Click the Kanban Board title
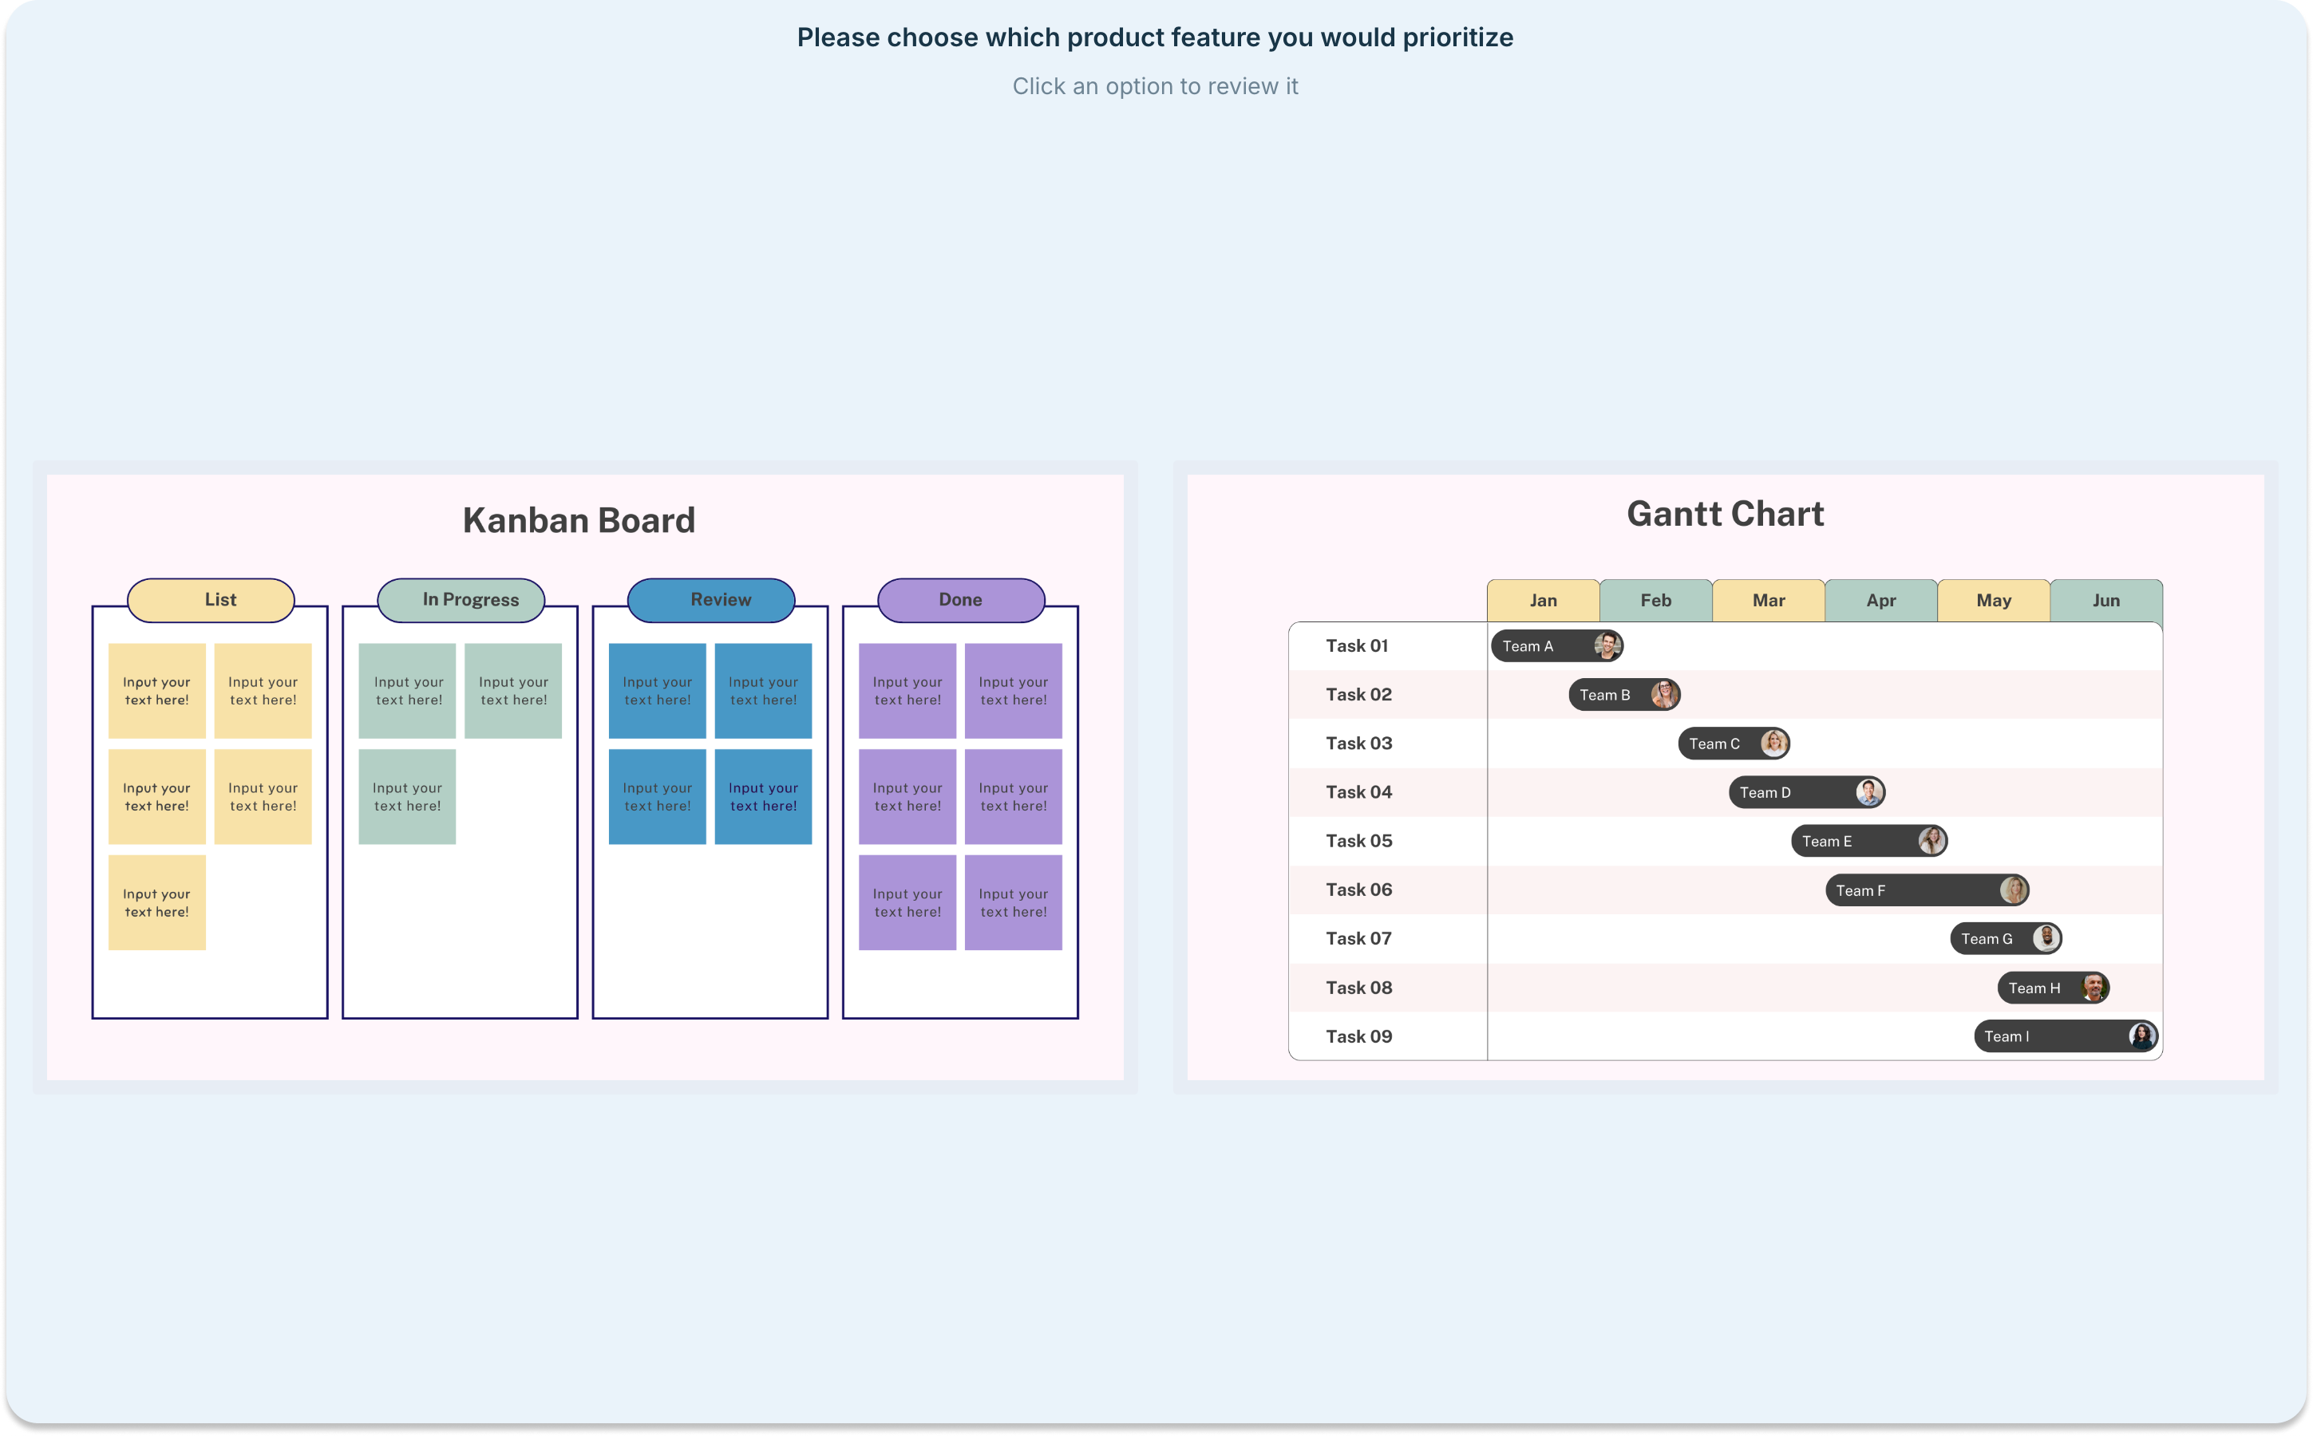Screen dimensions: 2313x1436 click(579, 520)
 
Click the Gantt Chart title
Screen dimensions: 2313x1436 click(1725, 514)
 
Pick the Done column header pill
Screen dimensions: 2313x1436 click(961, 600)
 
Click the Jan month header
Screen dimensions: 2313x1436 click(1544, 600)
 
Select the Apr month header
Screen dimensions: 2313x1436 click(1880, 600)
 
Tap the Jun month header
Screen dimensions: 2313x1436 click(2106, 600)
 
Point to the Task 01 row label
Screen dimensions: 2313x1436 click(1357, 646)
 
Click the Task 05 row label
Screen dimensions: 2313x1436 click(1358, 841)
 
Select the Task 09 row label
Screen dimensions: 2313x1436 click(1358, 1036)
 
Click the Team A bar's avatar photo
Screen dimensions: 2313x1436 click(1607, 646)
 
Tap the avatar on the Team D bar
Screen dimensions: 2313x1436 click(1868, 792)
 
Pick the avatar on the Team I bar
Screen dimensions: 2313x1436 click(2141, 1036)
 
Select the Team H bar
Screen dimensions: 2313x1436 click(2054, 988)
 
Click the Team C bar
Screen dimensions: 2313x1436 click(1734, 744)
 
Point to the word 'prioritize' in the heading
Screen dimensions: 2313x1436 click(1458, 38)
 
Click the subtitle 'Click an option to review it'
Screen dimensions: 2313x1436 click(1155, 86)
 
